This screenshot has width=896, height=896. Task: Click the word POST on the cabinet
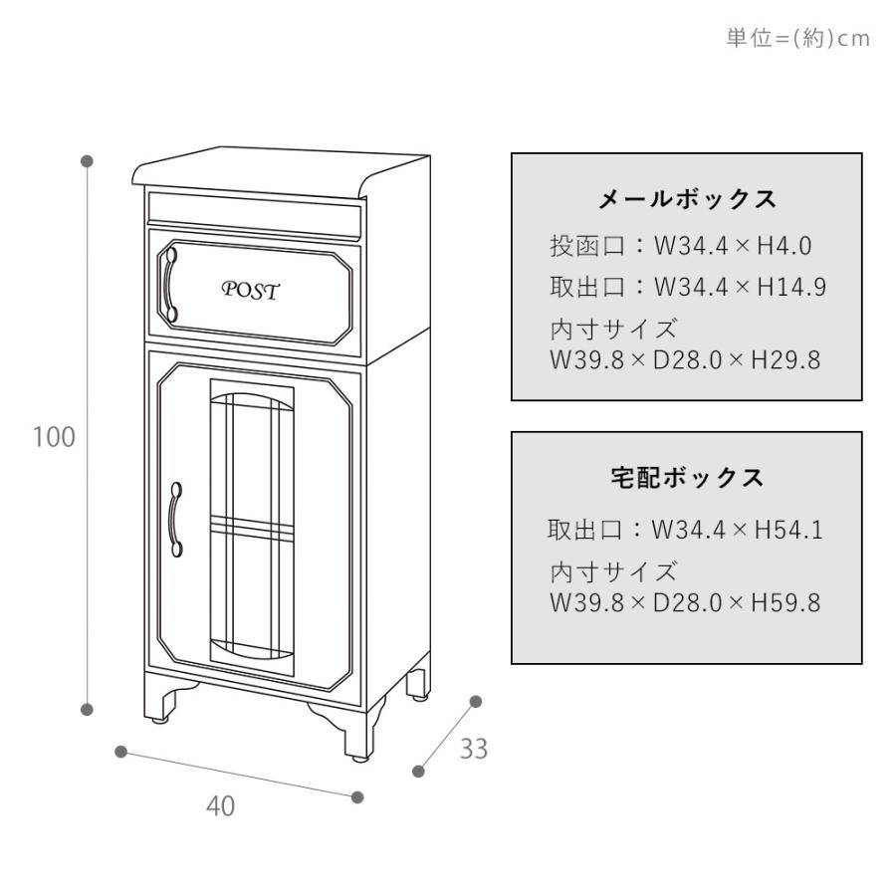pos(250,291)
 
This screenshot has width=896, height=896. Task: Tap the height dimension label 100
pos(55,437)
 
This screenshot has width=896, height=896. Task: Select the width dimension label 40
pos(221,806)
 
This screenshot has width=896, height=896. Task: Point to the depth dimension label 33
pos(473,749)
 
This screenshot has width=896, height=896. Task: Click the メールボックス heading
pos(687,200)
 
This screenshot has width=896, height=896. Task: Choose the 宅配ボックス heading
pos(687,478)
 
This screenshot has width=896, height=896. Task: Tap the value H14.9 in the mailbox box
pos(791,288)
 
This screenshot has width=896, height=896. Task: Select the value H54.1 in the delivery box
pos(788,531)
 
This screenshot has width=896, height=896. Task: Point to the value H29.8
pos(785,359)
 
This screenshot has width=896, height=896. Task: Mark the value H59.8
pos(785,603)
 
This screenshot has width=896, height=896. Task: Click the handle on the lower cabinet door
pos(176,519)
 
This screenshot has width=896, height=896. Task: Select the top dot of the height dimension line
pos(88,160)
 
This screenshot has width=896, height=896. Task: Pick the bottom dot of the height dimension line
pos(88,709)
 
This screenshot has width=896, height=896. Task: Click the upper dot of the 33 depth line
pos(476,701)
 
